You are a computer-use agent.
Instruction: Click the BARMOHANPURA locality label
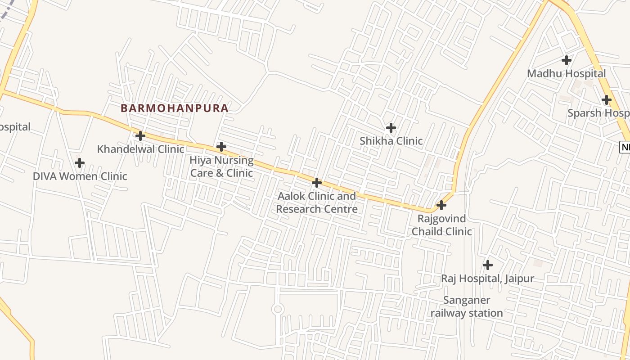pos(175,108)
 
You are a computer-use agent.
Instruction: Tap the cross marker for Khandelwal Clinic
pos(140,135)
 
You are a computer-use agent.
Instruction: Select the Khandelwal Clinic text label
pos(140,149)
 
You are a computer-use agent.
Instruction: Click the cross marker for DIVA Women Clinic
pos(80,162)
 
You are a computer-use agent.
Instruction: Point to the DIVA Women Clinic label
pos(80,176)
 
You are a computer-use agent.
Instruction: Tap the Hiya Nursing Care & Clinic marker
pos(221,147)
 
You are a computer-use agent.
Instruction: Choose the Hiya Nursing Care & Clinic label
pos(221,166)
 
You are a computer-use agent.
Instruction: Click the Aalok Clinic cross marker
pos(317,183)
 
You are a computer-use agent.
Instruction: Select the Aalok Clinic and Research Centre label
pos(317,202)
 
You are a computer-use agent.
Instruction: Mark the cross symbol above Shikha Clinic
pos(391,128)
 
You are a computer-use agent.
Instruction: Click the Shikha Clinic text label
pos(391,141)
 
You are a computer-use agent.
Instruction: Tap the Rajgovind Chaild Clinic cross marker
pos(441,205)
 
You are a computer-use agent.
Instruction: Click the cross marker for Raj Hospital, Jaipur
pos(487,265)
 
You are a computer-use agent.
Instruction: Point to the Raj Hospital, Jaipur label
pos(487,279)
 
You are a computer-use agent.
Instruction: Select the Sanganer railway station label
pos(467,306)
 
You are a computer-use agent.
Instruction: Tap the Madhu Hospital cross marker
pos(567,60)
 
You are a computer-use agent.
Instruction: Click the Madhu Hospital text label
pos(567,73)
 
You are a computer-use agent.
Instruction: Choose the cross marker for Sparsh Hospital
pos(607,100)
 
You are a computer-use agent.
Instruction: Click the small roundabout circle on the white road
pos(278,309)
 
